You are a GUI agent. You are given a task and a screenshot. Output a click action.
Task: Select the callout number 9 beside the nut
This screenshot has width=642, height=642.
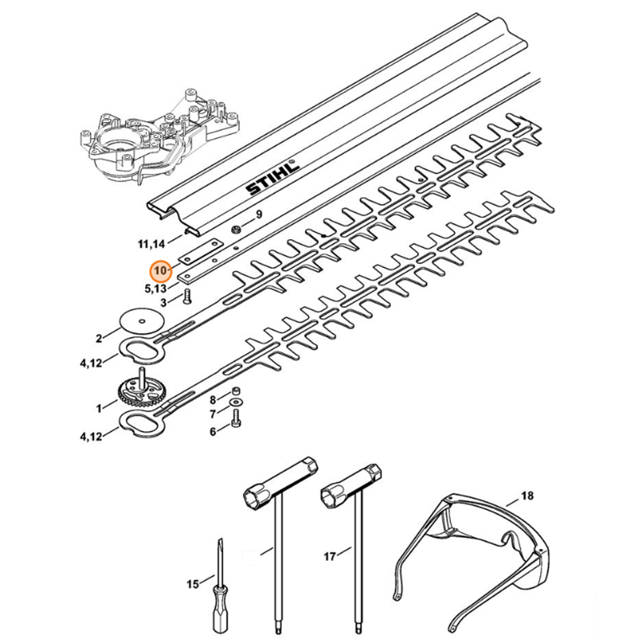[x=258, y=214]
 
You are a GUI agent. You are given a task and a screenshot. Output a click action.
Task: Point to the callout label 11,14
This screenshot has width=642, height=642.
[x=153, y=241]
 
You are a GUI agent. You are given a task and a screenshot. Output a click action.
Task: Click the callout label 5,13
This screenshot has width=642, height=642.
[x=156, y=287]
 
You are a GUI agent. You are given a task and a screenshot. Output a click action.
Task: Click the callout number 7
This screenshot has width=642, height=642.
[x=213, y=415]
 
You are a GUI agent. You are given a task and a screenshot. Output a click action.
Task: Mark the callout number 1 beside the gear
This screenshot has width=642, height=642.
[x=100, y=408]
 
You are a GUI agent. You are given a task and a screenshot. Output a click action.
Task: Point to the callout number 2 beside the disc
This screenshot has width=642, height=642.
[x=100, y=338]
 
